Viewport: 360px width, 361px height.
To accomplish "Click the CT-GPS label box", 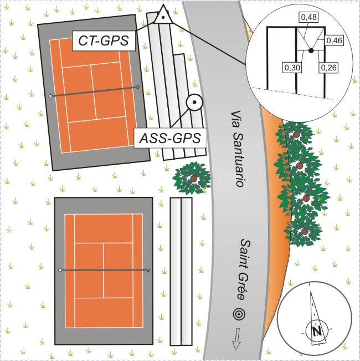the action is coord(104,40).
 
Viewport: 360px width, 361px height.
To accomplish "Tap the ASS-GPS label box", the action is coord(170,138).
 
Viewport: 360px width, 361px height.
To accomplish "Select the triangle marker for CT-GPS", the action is coord(163,15).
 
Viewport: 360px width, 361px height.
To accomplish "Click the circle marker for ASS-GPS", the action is coord(194,102).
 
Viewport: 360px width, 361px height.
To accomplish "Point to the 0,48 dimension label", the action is coord(308,17).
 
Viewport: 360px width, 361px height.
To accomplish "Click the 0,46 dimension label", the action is coord(335,40).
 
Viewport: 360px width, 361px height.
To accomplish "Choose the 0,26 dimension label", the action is coord(329,68).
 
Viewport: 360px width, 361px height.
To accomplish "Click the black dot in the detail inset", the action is coord(311,50).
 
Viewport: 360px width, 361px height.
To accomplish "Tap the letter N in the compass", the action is coord(317,331).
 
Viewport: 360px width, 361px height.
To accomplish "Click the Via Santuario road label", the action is coord(238,149).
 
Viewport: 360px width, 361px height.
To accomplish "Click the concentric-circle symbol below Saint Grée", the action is coord(239,314).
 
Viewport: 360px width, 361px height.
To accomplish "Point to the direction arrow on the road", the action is coord(236,339).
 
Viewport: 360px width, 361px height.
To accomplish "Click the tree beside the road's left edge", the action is coord(192,178).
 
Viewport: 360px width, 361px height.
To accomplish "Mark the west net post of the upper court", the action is coord(50,96).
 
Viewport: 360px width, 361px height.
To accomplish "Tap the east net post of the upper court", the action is coord(138,87).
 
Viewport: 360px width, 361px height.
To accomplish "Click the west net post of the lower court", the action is coord(60,270).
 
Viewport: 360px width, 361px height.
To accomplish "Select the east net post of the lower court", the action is coord(148,270).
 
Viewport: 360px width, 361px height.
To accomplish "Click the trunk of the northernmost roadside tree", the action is coord(296,134).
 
